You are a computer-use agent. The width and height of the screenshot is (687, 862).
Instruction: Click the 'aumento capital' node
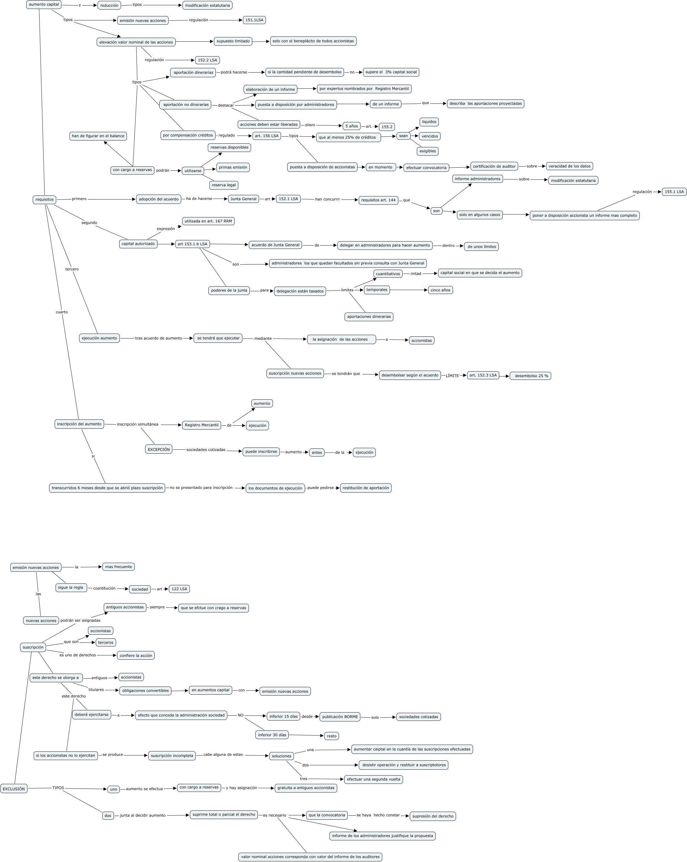pyautogui.click(x=44, y=4)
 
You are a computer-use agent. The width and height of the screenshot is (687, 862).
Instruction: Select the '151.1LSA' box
pyautogui.click(x=254, y=20)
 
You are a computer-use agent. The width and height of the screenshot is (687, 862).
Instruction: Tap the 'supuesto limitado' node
pyautogui.click(x=233, y=41)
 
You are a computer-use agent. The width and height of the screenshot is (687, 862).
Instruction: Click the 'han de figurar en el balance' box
pyautogui.click(x=98, y=136)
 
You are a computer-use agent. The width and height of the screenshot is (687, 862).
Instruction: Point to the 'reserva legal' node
pyautogui.click(x=224, y=185)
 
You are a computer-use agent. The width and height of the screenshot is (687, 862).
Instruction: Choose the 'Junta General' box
pyautogui.click(x=243, y=199)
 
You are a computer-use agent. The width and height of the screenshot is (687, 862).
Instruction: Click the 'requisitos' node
pyautogui.click(x=44, y=200)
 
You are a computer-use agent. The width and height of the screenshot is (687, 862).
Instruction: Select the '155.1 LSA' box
pyautogui.click(x=674, y=192)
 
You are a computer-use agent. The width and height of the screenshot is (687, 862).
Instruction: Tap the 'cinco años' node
pyautogui.click(x=440, y=290)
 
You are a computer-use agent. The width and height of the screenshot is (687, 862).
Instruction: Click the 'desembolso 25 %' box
pyautogui.click(x=530, y=376)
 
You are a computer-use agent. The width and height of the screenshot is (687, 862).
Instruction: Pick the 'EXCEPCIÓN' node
pyautogui.click(x=159, y=449)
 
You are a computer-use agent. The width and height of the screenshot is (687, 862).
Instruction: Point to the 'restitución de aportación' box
pyautogui.click(x=366, y=488)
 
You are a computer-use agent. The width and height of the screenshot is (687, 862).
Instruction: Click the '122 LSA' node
pyautogui.click(x=179, y=589)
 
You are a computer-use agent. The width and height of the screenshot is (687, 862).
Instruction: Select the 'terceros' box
pyautogui.click(x=106, y=642)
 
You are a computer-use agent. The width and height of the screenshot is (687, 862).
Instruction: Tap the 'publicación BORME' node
pyautogui.click(x=340, y=717)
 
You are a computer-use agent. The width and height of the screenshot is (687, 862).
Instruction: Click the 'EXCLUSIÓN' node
pyautogui.click(x=14, y=789)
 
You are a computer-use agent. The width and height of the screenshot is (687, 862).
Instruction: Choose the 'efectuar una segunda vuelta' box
pyautogui.click(x=373, y=779)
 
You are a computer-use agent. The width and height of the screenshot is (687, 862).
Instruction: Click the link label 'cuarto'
pyautogui.click(x=62, y=312)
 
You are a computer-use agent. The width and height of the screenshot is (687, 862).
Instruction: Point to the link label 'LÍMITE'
pyautogui.click(x=452, y=376)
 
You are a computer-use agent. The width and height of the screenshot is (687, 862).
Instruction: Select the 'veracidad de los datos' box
pyautogui.click(x=569, y=166)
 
